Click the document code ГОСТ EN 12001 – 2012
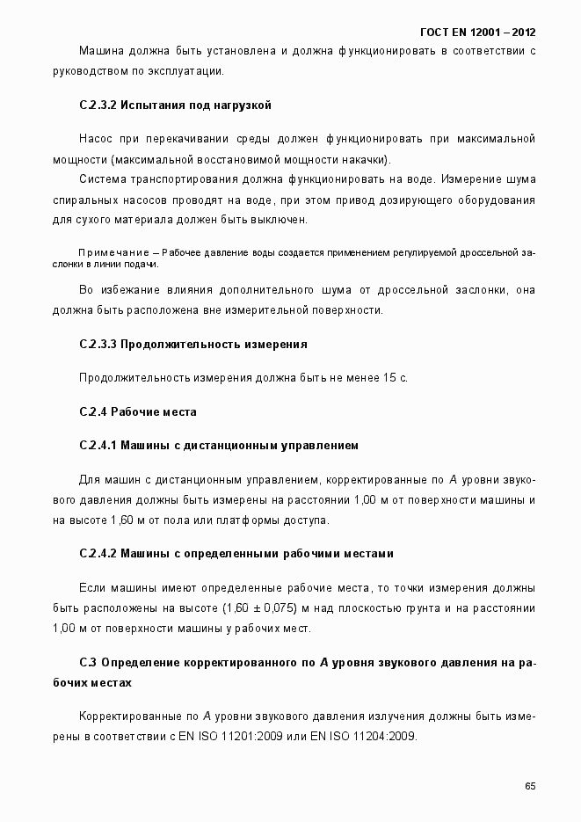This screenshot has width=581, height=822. (478, 33)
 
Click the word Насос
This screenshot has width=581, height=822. (95, 139)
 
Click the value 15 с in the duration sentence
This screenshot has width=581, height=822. (395, 378)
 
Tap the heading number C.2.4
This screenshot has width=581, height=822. (92, 411)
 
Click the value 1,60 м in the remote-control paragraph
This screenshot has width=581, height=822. (127, 520)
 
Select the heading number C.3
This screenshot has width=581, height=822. (87, 662)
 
